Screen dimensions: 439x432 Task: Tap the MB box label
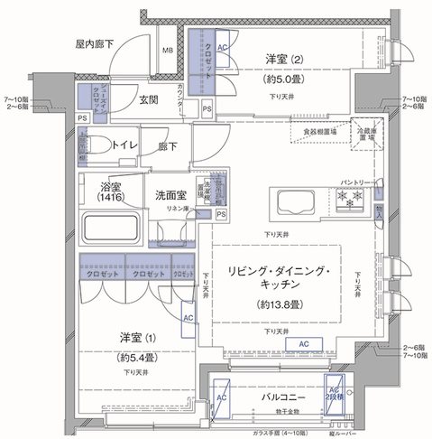click(x=169, y=51)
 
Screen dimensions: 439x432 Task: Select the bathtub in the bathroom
click(x=113, y=226)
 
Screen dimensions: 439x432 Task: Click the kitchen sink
click(x=291, y=201)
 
